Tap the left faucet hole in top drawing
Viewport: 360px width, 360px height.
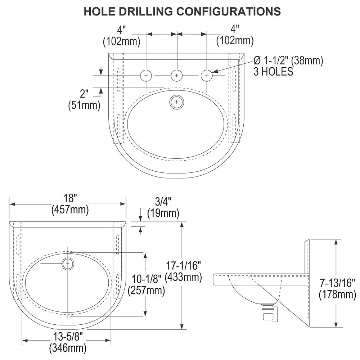click(146, 76)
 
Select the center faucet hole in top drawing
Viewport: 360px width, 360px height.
click(176, 76)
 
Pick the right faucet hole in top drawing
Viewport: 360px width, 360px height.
click(207, 76)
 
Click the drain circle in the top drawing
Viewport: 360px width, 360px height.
click(176, 102)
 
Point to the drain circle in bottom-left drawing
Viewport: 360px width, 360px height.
click(68, 264)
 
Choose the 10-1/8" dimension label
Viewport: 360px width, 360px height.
click(146, 279)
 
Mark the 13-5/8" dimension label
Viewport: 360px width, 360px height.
click(68, 337)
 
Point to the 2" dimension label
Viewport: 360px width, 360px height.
click(84, 94)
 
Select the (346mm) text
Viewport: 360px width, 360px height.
click(68, 348)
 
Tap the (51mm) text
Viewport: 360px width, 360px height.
click(84, 106)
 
